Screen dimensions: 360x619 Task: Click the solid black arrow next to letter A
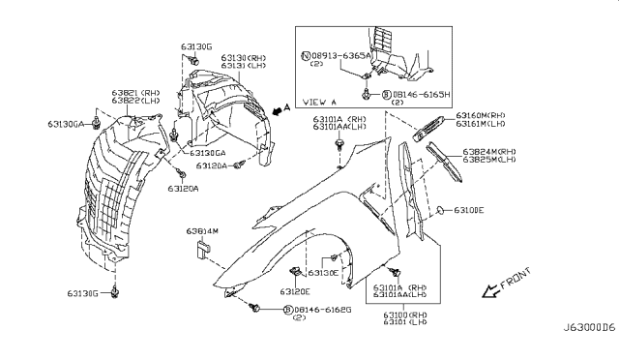(280, 111)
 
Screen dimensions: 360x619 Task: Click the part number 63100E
(469, 209)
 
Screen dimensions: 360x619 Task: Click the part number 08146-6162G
(321, 309)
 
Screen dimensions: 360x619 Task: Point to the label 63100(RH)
(404, 315)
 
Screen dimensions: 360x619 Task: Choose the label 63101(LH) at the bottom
(404, 324)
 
